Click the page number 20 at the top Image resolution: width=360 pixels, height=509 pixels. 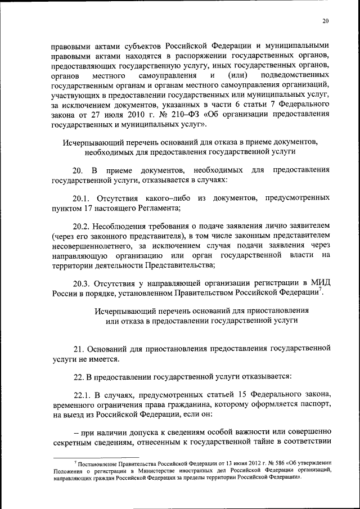click(326, 21)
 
